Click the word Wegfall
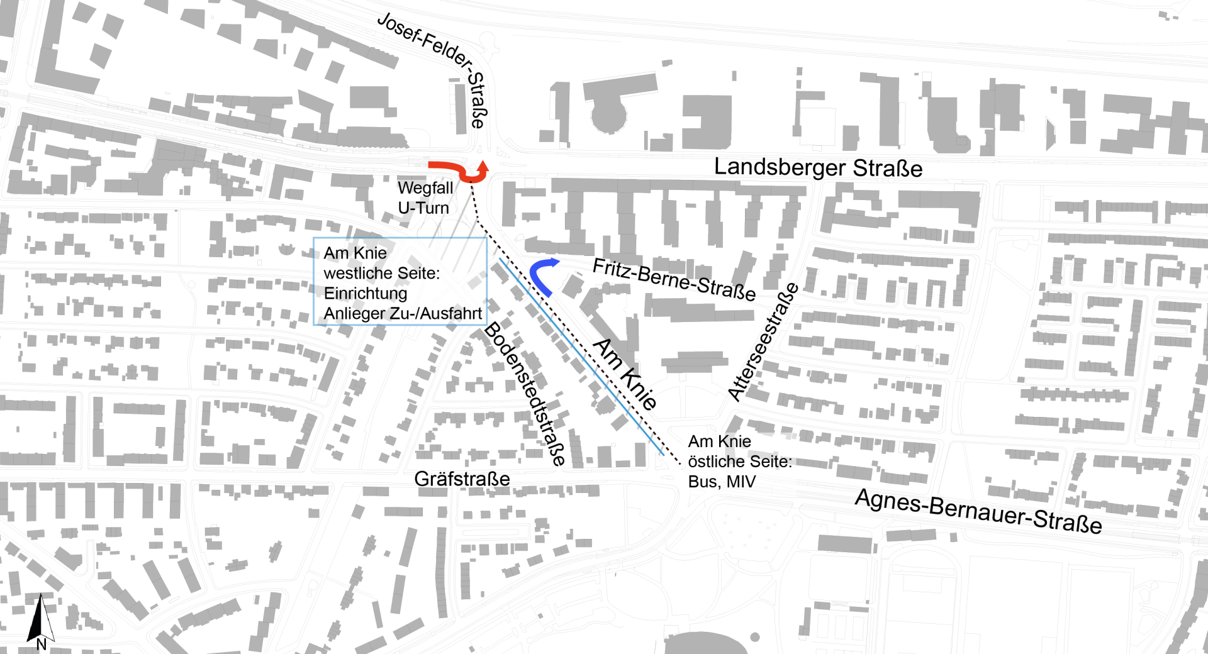pyautogui.click(x=425, y=188)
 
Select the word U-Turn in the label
pyautogui.click(x=423, y=208)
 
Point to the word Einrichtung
pyautogui.click(x=366, y=294)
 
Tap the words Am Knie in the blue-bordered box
pyautogui.click(x=355, y=253)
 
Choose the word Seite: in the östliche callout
pyautogui.click(x=775, y=462)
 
